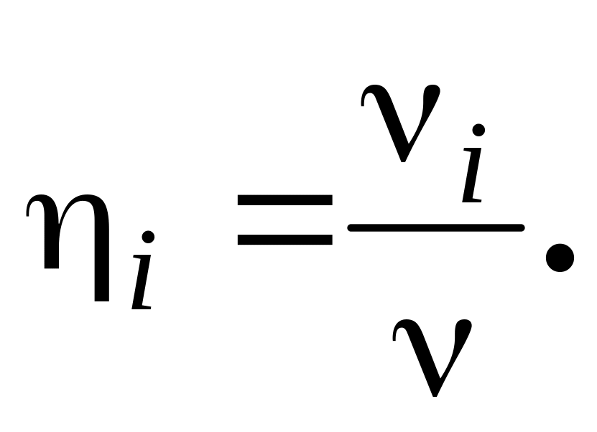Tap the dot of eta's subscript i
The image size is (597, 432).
coord(149,237)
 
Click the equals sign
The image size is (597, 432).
coord(284,220)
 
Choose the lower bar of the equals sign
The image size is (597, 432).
coord(284,240)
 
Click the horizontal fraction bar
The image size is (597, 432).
coord(435,227)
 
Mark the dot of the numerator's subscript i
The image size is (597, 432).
coord(478,130)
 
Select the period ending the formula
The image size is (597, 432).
coord(560,258)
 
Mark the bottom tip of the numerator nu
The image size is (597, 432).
coord(404,159)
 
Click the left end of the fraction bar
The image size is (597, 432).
coord(351,228)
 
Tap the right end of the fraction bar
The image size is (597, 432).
coord(521,227)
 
